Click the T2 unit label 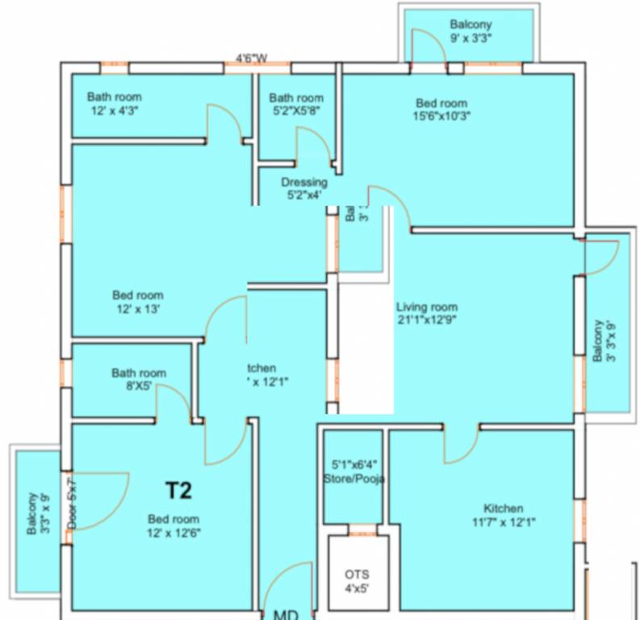point(178,489)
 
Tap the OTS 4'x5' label point(357,581)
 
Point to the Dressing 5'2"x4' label point(304,188)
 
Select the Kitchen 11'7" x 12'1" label point(503,515)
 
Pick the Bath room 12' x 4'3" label point(114,103)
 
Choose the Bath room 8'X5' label point(139,379)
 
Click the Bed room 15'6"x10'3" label point(442,109)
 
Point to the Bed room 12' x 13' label point(137,301)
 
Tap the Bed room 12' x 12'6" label point(173,526)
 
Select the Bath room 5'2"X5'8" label point(296,104)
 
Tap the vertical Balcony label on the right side point(604,341)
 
